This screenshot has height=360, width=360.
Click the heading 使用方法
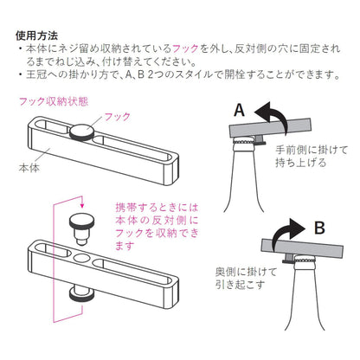click(x=36, y=35)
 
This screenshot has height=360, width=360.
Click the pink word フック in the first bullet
click(x=185, y=48)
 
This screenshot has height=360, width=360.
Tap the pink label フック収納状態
click(x=54, y=101)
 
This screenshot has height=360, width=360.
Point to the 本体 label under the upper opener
click(x=29, y=168)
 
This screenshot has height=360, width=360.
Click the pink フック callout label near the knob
click(x=117, y=117)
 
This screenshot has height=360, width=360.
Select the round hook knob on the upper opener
click(x=81, y=132)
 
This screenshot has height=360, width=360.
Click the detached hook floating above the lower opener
click(x=82, y=228)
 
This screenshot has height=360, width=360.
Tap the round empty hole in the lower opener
click(x=82, y=258)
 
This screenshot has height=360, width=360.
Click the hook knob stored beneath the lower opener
click(x=81, y=294)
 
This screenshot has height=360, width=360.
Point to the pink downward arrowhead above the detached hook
click(x=82, y=205)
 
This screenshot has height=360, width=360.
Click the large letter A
click(x=239, y=110)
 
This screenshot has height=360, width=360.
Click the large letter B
click(x=319, y=228)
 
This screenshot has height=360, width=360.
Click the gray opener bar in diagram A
click(x=270, y=128)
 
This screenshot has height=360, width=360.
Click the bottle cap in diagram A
click(x=244, y=142)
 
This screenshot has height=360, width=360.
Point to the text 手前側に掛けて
click(x=312, y=150)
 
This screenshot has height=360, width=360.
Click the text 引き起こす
click(x=240, y=285)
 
